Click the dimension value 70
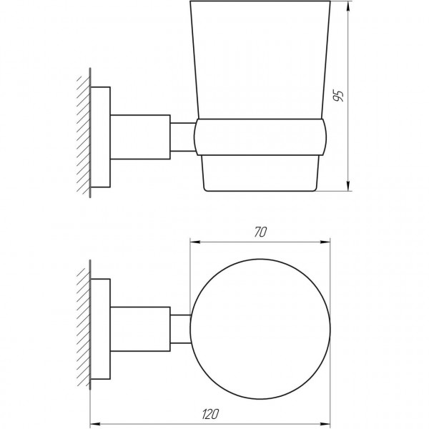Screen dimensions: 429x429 pos(260,232)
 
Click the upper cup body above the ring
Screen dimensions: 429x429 pos(262,64)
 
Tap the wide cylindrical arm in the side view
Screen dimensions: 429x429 pos(140,134)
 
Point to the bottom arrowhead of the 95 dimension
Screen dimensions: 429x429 pos(348,189)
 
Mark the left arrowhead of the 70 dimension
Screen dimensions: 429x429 pos(192,241)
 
